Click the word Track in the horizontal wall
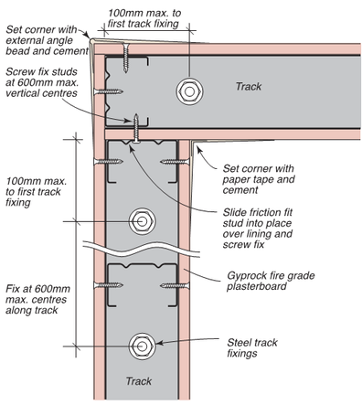click(x=248, y=87)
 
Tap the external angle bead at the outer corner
click(x=92, y=38)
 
